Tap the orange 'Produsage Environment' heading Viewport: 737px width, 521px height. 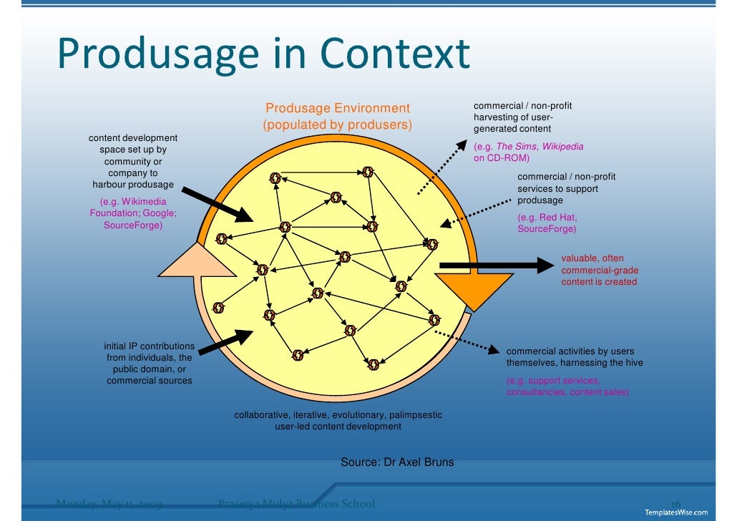338,108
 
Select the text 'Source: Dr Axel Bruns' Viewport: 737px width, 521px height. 397,462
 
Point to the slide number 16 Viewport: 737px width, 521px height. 675,503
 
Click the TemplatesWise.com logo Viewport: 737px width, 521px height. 676,512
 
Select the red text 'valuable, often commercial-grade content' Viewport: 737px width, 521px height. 599,270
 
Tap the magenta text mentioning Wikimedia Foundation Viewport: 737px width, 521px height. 133,213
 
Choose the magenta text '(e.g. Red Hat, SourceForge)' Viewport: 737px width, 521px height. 547,223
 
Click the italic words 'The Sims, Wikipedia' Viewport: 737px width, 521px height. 540,146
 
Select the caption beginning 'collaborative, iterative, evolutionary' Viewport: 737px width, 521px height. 338,421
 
